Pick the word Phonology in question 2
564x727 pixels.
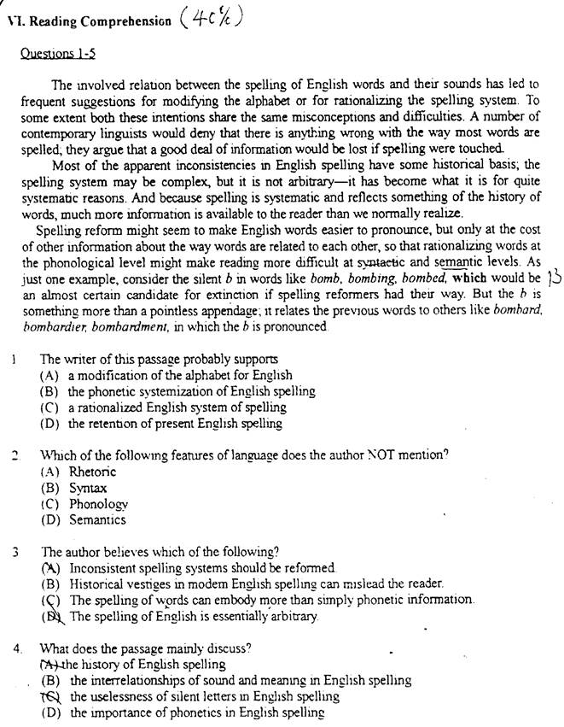(99, 503)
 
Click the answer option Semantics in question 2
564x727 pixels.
(97, 519)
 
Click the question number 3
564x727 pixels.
(16, 551)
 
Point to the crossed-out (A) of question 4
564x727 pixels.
(50, 664)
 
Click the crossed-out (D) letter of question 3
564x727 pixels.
(51, 616)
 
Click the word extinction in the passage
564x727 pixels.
(200, 294)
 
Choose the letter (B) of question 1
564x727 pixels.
(49, 391)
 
